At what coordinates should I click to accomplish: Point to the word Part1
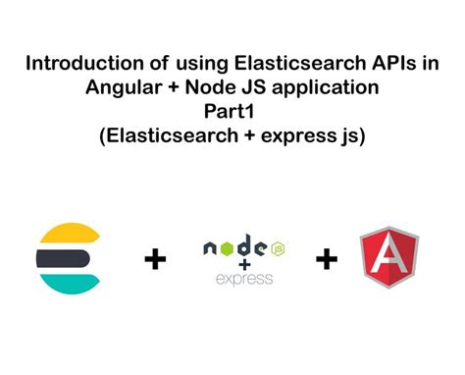[232, 112]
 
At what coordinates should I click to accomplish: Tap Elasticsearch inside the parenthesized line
[168, 134]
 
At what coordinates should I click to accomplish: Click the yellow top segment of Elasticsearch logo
[66, 236]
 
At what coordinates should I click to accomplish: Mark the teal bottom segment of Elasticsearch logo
[66, 285]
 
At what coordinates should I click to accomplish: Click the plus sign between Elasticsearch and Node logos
[155, 260]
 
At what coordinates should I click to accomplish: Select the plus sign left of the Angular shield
[327, 260]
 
